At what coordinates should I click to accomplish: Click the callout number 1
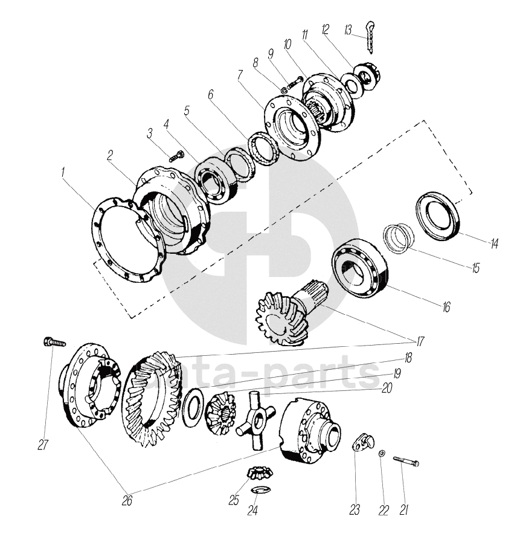[x=63, y=173]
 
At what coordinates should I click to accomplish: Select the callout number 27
[x=42, y=445]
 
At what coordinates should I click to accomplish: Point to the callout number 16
[x=446, y=307]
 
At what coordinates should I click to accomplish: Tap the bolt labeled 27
[x=54, y=343]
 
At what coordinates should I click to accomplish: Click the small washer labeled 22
[x=381, y=453]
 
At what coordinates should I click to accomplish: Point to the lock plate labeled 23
[x=361, y=443]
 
